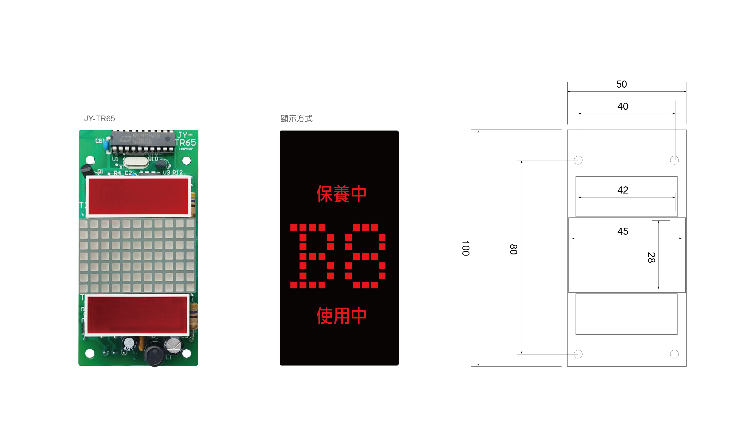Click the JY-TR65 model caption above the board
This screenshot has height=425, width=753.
pos(99,119)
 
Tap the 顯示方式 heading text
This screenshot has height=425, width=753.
pos(296,119)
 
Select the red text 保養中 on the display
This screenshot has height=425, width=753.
pos(341,194)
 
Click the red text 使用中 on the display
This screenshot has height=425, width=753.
pos(341,316)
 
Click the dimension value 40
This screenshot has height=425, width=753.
pos(623,106)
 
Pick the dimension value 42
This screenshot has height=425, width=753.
pos(623,190)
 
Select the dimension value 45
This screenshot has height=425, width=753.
pos(623,231)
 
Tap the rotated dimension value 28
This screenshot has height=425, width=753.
pos(651,257)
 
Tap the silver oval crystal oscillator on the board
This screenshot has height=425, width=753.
pos(136,162)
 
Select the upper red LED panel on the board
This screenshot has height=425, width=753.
pos(138,197)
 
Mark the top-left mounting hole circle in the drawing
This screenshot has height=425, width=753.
pos(578,160)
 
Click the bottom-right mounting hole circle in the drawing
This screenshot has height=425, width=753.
pos(674,354)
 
